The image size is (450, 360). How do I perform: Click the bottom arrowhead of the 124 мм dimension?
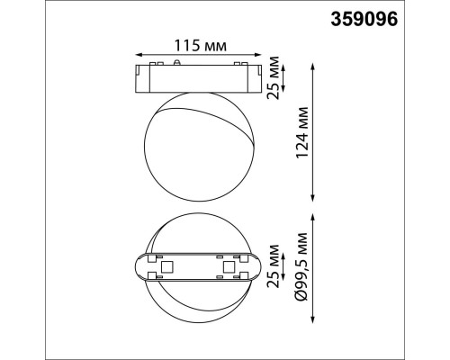pyautogui.click(x=311, y=199)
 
